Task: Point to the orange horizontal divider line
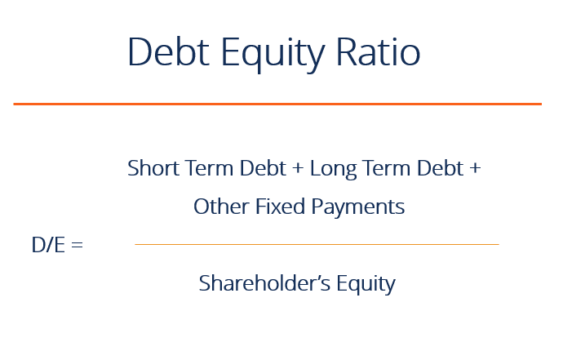pos(277,104)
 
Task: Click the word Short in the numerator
pos(149,168)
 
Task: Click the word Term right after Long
pos(383,168)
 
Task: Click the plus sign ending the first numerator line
pos(475,169)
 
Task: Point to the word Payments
pos(360,207)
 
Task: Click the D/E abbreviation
pos(48,244)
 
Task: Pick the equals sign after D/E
pos(77,245)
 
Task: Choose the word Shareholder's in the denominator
pos(260,283)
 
